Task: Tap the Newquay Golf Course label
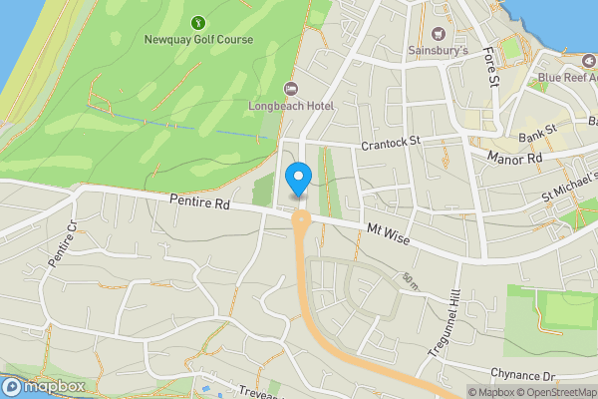tap(198, 40)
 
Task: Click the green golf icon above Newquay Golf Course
tap(198, 21)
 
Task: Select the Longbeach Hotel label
tap(291, 106)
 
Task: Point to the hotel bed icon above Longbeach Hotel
tap(291, 88)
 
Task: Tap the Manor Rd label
tap(514, 158)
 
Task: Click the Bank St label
tap(537, 132)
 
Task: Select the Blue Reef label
tap(566, 77)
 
